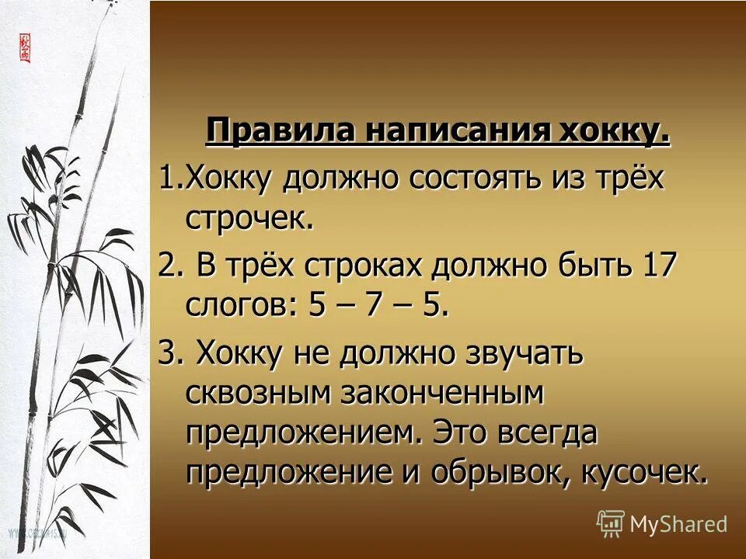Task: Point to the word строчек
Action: tap(249, 220)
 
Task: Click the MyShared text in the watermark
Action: tap(678, 524)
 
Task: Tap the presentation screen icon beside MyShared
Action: tap(611, 524)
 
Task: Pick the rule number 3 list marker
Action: tap(169, 354)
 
